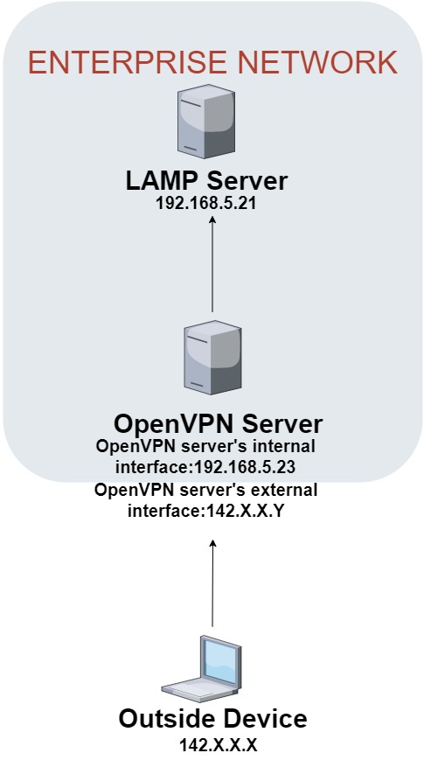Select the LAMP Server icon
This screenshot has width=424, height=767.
[206, 121]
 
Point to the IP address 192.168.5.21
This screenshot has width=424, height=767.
[206, 204]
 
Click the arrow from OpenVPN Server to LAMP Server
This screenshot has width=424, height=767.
[212, 264]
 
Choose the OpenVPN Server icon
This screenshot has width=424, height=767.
[212, 358]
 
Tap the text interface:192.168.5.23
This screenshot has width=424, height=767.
[205, 467]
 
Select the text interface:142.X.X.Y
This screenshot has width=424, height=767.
[205, 511]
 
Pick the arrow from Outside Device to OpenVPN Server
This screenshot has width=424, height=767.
[212, 582]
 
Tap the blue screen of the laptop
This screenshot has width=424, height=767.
[219, 661]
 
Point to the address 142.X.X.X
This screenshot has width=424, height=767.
[218, 745]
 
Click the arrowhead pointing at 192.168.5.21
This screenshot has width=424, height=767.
[212, 220]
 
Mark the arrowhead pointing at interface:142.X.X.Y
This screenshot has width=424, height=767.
[212, 543]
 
